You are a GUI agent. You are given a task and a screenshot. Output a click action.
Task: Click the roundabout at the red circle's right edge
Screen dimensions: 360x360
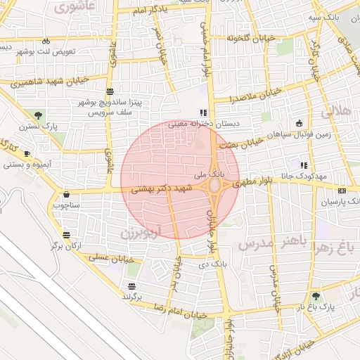[x=214, y=185]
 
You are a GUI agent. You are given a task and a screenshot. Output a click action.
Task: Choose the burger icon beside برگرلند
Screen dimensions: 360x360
[x=131, y=285]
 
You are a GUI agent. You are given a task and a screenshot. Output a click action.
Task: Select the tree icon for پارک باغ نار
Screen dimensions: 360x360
[x=315, y=296]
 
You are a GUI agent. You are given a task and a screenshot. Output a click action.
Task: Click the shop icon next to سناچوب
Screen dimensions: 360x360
[x=66, y=195]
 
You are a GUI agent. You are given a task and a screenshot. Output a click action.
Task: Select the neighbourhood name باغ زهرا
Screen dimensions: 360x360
[x=333, y=246]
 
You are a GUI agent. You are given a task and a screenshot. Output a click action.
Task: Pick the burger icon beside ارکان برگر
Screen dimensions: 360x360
[x=66, y=236]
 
